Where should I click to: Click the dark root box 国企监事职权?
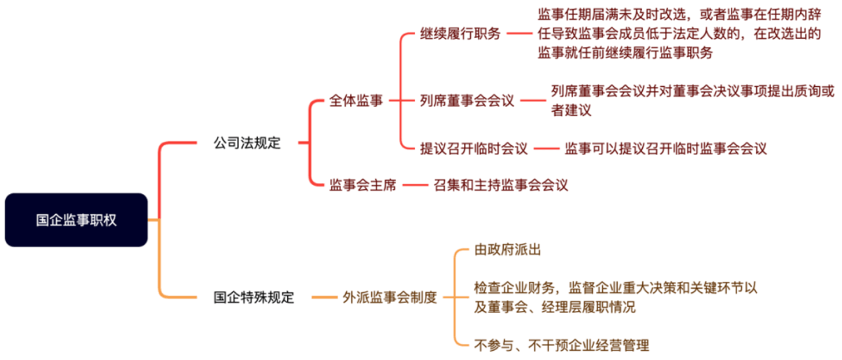tap(76, 220)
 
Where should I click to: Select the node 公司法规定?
tap(247, 143)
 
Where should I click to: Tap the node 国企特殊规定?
tap(254, 297)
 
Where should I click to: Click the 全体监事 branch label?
tap(356, 100)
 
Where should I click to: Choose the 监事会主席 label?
tap(363, 185)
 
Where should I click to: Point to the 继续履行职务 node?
tap(460, 34)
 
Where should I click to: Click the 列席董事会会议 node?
tap(467, 100)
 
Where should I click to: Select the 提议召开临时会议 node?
tap(474, 148)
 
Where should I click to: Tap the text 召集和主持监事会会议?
tap(501, 185)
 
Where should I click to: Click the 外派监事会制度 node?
tap(390, 297)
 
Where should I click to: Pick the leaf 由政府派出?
tap(507, 249)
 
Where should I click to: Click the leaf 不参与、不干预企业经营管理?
tap(562, 345)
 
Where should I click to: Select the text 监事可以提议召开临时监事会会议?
tap(665, 148)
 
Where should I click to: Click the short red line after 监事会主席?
tap(415, 185)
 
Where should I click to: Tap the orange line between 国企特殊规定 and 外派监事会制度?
tap(324, 297)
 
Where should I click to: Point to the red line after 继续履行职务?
tap(519, 34)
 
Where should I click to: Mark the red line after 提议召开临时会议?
tap(547, 148)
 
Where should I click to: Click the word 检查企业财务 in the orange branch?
tap(514, 288)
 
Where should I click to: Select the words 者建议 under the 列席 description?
tap(572, 110)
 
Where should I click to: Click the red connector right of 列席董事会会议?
tap(533, 100)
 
